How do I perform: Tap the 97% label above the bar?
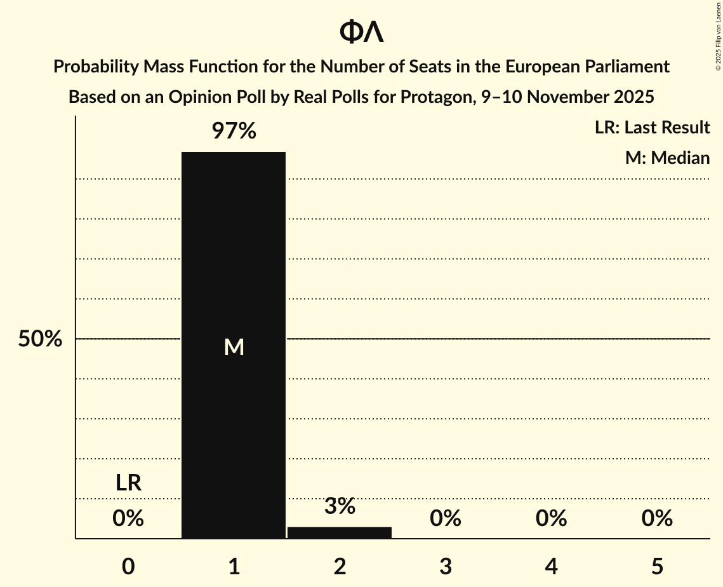234,132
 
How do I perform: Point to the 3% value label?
340,506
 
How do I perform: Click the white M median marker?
234,347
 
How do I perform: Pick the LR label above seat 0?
128,483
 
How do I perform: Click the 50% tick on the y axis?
40,339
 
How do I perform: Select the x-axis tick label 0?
128,566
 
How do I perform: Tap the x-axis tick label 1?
234,566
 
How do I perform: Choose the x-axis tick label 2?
340,566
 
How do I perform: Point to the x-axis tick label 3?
446,566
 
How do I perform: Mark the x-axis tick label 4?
551,566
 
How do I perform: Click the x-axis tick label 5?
657,566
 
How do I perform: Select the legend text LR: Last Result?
652,128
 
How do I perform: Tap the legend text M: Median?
667,158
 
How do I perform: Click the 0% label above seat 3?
446,519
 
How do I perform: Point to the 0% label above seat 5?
657,519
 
